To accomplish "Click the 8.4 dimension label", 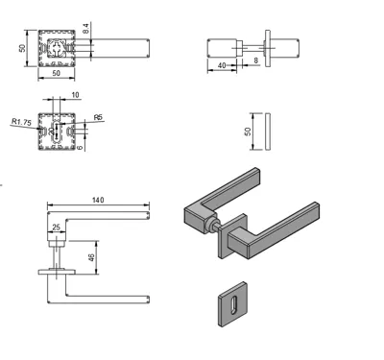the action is [85, 29].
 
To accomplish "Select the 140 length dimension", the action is [98, 200].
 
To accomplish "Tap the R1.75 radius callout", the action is [21, 122].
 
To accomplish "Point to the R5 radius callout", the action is [98, 117].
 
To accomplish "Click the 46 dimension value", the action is [91, 257].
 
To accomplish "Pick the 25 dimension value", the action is [56, 228].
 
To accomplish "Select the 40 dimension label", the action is [222, 65].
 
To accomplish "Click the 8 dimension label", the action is [255, 60].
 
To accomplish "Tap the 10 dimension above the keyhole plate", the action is [75, 95].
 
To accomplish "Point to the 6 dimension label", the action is [80, 148].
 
